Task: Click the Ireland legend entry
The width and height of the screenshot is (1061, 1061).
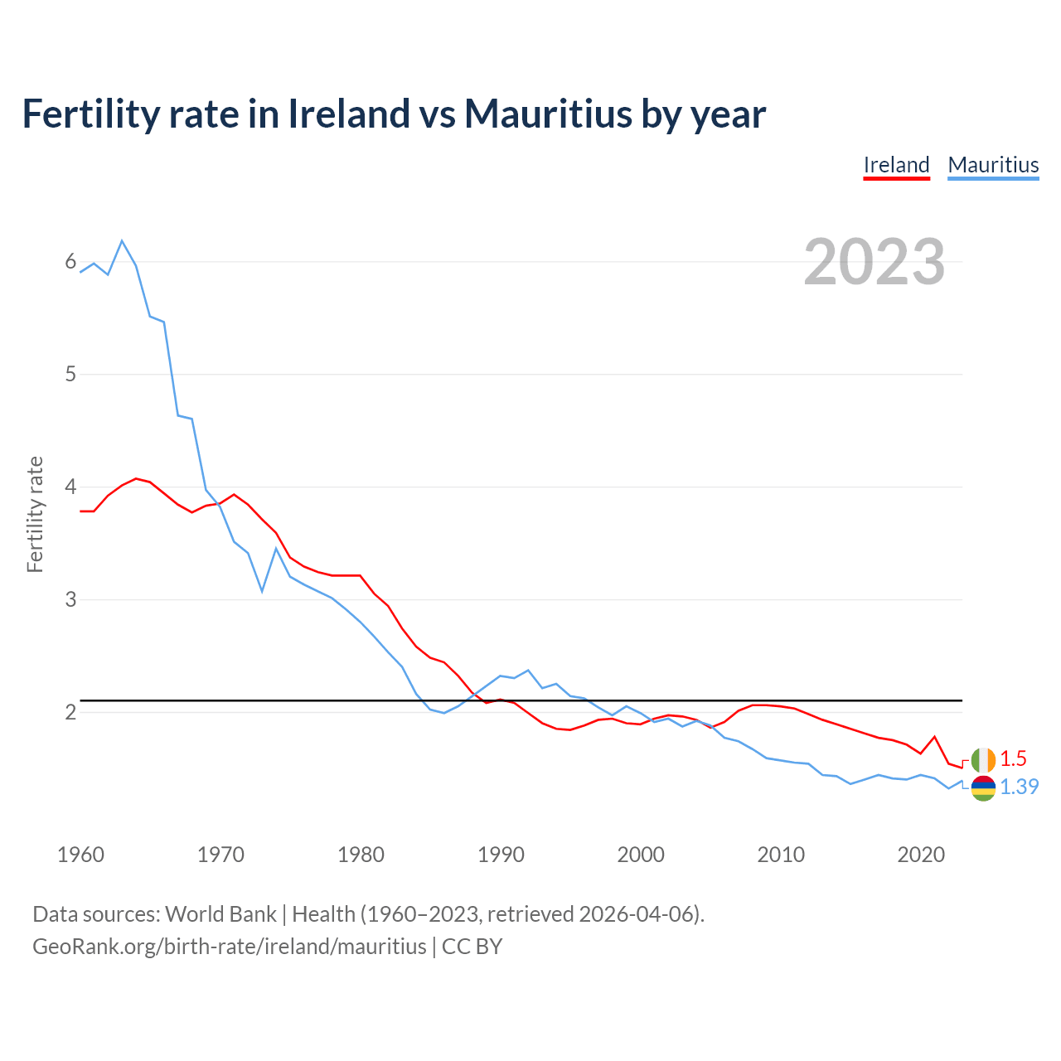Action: (896, 165)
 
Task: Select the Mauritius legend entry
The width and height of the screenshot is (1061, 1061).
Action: (993, 165)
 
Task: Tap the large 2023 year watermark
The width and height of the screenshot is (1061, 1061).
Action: (874, 262)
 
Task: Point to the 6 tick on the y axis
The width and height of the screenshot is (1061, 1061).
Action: (70, 262)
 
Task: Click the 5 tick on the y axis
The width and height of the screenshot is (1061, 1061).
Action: (70, 374)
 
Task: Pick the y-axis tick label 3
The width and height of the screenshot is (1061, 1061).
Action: (70, 598)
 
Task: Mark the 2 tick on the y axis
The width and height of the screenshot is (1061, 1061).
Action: (70, 711)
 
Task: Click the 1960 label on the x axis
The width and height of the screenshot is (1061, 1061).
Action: (80, 855)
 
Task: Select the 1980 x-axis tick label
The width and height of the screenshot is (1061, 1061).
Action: (361, 855)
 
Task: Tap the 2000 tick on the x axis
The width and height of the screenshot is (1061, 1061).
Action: (641, 855)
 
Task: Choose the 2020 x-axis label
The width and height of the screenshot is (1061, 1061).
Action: (921, 855)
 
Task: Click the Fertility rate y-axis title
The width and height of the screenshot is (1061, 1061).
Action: (35, 514)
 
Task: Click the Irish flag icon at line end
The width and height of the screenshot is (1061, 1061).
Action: (983, 759)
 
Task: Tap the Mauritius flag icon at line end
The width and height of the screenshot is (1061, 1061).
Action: (983, 788)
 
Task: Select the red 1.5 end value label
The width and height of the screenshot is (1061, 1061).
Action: (1013, 759)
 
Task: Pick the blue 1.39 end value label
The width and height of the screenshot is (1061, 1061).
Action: (1019, 787)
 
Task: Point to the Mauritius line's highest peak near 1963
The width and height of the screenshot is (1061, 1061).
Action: (122, 241)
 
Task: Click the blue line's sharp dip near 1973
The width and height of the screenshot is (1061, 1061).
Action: (262, 591)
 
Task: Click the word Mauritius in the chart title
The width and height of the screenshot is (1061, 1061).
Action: (547, 114)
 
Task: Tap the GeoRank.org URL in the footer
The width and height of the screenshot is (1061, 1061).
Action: (230, 947)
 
